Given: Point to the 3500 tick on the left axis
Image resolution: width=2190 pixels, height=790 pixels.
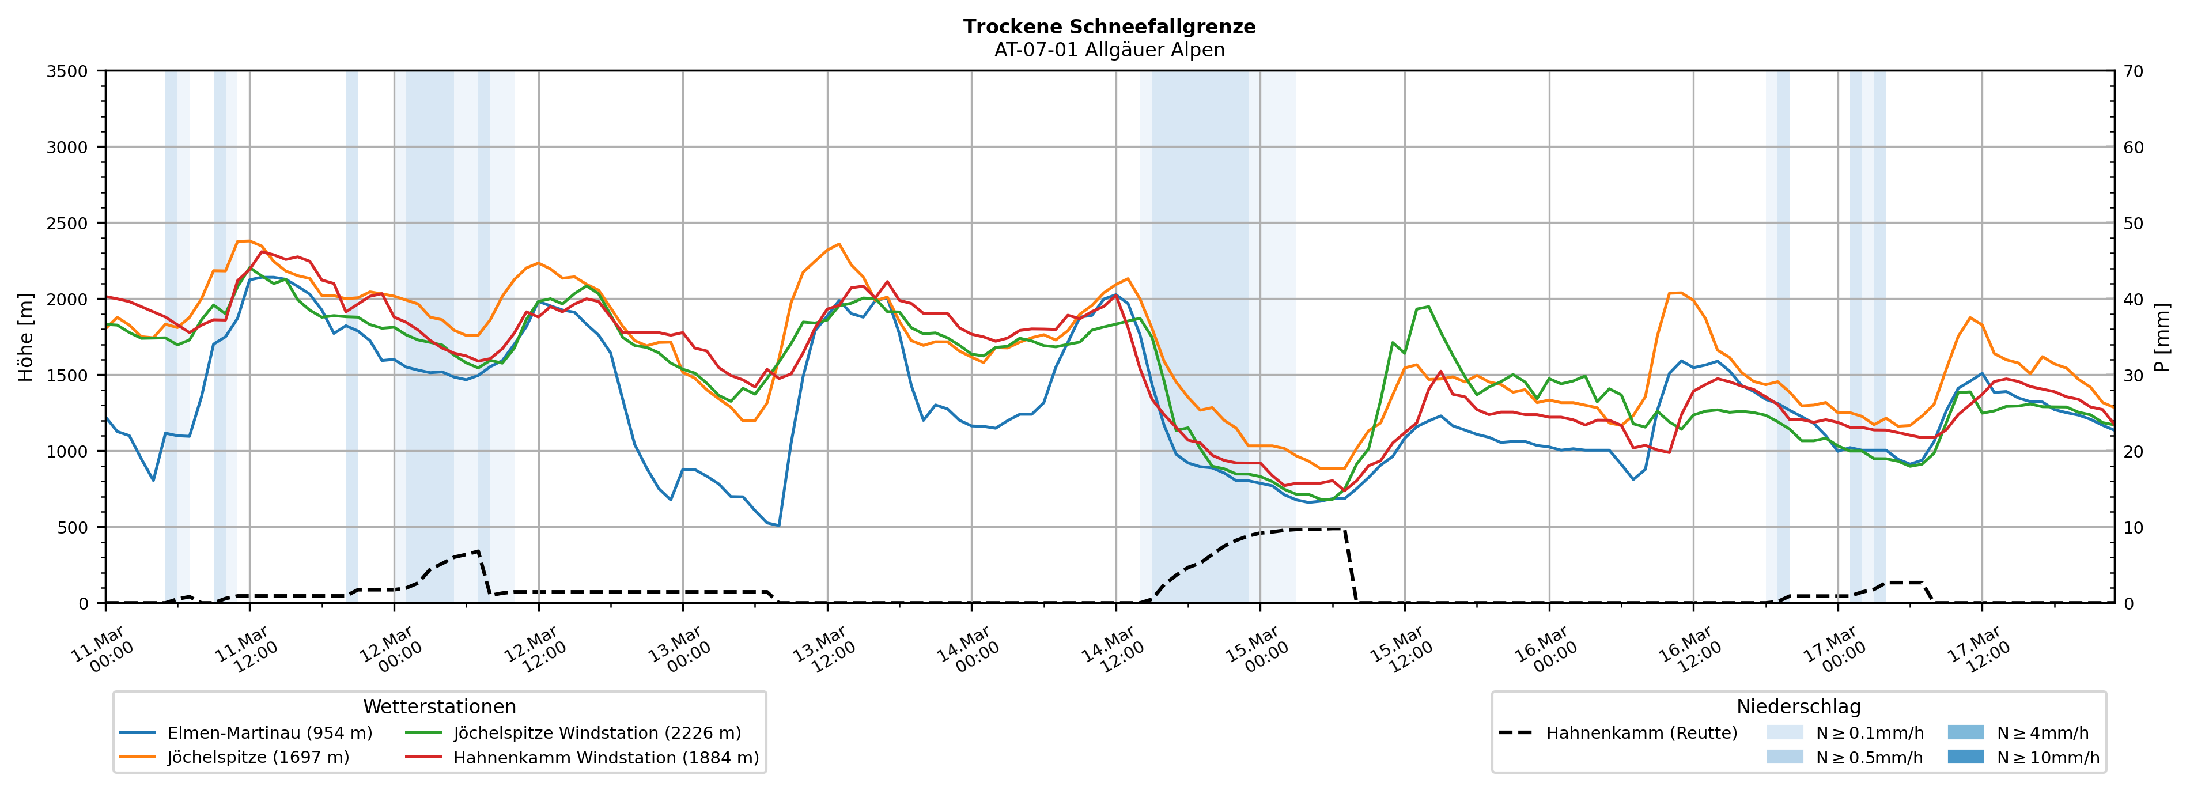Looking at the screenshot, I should [67, 71].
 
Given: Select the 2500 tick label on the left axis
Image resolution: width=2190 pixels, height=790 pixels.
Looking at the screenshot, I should [67, 224].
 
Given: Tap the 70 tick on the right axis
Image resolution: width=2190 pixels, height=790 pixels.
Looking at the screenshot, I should [2133, 71].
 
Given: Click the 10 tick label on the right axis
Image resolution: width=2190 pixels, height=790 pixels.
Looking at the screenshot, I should [2133, 527].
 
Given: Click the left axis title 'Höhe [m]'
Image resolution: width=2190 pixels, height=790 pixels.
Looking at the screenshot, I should [27, 337].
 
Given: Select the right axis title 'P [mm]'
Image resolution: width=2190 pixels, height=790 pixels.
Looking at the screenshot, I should [2162, 337].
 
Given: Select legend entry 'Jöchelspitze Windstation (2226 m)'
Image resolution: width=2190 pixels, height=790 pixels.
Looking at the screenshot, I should [597, 733].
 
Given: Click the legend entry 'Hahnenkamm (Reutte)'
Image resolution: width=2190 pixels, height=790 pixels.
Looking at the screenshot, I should [1641, 733].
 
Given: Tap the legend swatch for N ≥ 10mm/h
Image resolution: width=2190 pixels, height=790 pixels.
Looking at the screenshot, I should [1965, 757].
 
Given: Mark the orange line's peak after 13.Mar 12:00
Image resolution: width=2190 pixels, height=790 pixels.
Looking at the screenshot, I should [839, 244].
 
